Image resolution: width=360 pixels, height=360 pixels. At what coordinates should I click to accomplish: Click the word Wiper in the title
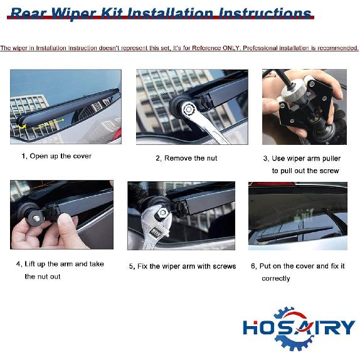[x=73, y=14]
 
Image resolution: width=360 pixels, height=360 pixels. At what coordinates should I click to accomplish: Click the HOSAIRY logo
[x=299, y=328]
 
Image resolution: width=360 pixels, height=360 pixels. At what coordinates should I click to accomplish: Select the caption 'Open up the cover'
[x=61, y=156]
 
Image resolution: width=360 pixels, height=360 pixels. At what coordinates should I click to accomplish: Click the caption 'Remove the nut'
[x=191, y=158]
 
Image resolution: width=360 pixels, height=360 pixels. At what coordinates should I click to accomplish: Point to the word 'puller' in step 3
[x=330, y=159]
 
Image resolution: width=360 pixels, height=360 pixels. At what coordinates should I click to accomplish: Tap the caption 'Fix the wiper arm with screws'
[x=187, y=267]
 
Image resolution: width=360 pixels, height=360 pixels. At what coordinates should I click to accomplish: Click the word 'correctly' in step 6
[x=276, y=278]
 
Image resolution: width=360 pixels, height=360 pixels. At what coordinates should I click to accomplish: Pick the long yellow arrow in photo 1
[x=49, y=124]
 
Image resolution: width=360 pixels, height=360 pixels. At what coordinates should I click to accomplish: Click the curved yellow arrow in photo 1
[x=23, y=126]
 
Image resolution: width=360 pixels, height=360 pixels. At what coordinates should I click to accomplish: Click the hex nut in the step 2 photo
[x=189, y=109]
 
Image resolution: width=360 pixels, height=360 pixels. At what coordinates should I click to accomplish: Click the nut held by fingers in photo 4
[x=36, y=218]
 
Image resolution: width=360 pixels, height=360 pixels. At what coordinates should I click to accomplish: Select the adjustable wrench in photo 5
[x=156, y=226]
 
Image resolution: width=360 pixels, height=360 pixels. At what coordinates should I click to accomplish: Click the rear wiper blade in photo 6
[x=295, y=233]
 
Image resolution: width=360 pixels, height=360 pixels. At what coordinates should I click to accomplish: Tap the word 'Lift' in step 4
[x=30, y=264]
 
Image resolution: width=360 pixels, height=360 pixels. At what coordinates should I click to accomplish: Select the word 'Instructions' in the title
[x=265, y=14]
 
